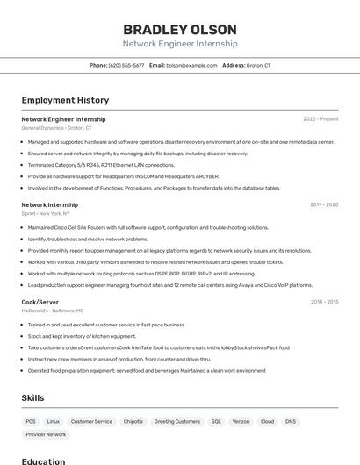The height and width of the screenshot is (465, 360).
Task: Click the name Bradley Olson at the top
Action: click(x=179, y=29)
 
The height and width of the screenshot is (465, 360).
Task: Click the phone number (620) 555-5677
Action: click(x=126, y=65)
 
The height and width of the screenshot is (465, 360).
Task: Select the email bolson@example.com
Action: click(x=191, y=65)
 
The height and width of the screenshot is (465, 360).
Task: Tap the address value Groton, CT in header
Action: click(x=258, y=65)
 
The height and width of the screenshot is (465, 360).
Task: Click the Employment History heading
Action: click(x=65, y=100)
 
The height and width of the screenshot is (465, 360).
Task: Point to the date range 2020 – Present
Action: click(x=320, y=119)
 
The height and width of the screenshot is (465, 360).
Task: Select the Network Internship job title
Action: click(x=49, y=204)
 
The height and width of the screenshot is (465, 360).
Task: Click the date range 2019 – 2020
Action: click(x=324, y=204)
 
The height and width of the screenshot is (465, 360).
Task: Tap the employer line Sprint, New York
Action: click(x=46, y=213)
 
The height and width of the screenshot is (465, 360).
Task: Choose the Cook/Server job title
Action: click(x=40, y=302)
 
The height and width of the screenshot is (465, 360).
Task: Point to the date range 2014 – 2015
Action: click(x=324, y=302)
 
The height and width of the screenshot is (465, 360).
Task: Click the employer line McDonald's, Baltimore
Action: click(x=53, y=311)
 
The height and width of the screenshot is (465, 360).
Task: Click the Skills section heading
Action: click(x=32, y=398)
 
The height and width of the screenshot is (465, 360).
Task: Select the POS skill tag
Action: click(x=31, y=421)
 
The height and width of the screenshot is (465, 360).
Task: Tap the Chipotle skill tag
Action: click(x=133, y=421)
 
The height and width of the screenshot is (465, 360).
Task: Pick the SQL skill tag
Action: click(x=216, y=421)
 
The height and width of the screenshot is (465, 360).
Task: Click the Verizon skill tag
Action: click(x=241, y=421)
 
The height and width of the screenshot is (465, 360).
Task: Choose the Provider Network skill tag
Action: click(x=46, y=434)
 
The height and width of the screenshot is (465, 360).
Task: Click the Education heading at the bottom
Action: click(x=43, y=461)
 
